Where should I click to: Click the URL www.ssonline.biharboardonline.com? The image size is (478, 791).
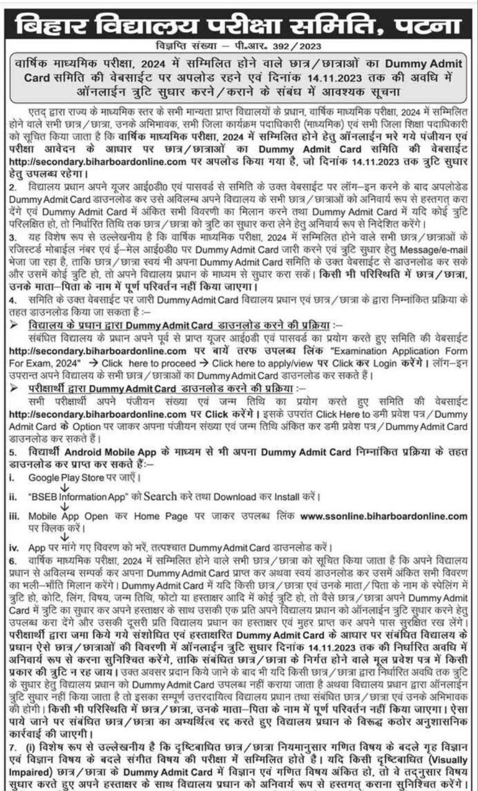384,515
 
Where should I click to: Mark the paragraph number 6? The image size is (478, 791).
12,560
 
